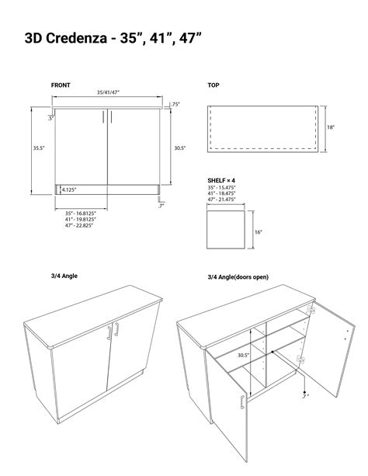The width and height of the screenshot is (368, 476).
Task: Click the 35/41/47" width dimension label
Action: pos(108,92)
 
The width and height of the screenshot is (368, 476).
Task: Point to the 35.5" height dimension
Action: pos(38,148)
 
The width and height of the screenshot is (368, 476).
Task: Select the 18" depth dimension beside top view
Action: pos(331,128)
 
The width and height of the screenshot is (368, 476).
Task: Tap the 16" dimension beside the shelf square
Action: pos(258,231)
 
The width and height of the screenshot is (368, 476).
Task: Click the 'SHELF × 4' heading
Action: pos(222,179)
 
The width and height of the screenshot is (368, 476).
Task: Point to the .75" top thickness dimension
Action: pos(175,104)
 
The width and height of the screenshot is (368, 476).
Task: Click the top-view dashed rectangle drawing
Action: pos(263,128)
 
